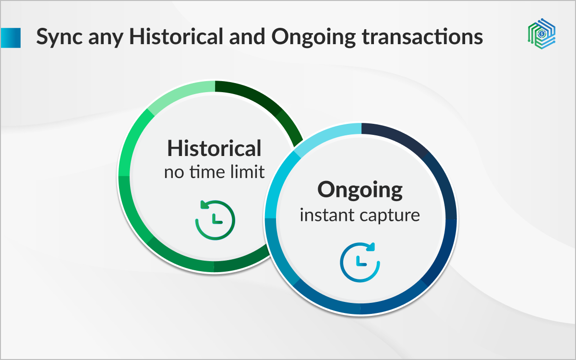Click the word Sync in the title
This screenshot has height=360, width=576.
point(60,37)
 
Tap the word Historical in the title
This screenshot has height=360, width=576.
point(176,36)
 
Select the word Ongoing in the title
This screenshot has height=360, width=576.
point(313,37)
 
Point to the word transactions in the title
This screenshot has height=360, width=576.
point(422,37)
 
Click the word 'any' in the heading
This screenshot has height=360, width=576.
point(106,39)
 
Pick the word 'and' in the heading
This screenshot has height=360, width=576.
point(247,36)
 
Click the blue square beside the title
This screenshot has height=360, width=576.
point(10,38)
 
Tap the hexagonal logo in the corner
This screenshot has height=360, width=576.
point(541,34)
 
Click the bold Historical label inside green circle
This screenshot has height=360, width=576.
point(214,148)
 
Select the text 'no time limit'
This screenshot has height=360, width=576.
point(214,171)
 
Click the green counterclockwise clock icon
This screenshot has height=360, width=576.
point(215,220)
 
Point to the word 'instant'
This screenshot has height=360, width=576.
point(326,215)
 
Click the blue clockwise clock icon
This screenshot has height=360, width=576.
point(360,262)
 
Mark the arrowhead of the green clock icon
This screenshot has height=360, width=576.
point(204,204)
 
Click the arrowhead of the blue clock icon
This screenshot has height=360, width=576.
point(371,247)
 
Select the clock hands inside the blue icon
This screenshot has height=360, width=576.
point(361,261)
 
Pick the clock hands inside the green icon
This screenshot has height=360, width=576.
point(217,218)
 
